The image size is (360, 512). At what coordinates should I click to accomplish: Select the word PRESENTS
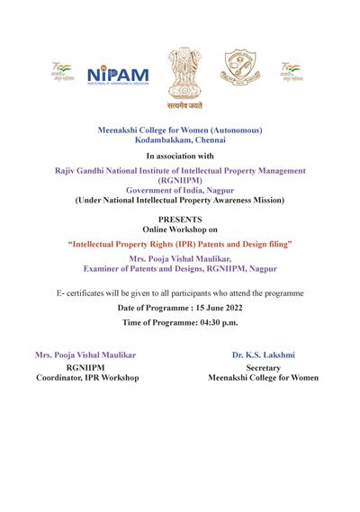(179, 220)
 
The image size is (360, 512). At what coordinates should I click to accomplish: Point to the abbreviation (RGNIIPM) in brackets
(180, 180)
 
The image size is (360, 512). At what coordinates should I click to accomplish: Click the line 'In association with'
(180, 157)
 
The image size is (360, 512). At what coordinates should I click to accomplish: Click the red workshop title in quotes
(180, 244)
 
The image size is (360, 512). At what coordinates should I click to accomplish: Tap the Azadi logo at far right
(290, 71)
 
